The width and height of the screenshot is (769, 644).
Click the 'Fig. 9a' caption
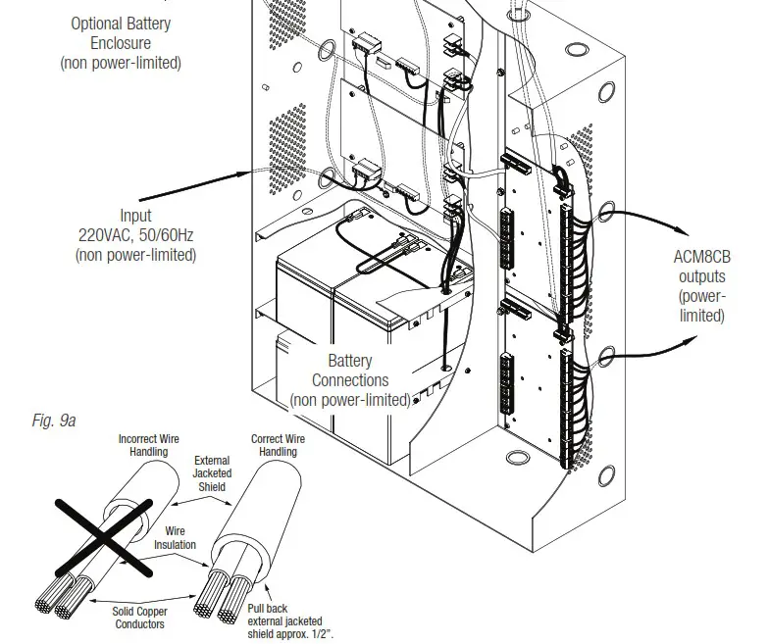(x=54, y=421)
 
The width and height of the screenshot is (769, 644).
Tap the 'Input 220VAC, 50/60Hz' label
(x=135, y=235)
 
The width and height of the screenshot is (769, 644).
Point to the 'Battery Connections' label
(x=351, y=380)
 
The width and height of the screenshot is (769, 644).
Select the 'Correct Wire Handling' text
(x=278, y=445)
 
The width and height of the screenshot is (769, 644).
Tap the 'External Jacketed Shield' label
(x=211, y=472)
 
